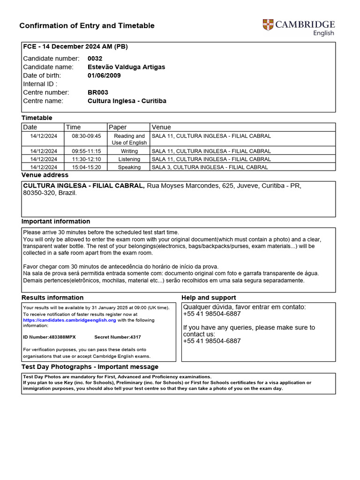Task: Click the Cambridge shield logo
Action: point(268,25)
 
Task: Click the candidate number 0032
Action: point(95,59)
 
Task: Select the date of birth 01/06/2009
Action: point(105,75)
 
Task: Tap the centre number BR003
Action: point(97,92)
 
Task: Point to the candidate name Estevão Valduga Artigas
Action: point(126,67)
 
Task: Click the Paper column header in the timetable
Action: point(118,127)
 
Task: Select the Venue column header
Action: point(161,127)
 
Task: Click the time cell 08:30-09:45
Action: point(86,136)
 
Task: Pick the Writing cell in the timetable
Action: point(129,151)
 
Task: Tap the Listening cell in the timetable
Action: point(129,159)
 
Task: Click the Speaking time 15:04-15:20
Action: point(86,167)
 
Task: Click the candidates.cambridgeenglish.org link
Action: point(69,320)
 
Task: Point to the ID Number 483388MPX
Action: point(49,337)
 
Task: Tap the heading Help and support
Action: point(209,298)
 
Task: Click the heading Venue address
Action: point(45,175)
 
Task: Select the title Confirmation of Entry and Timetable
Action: point(87,26)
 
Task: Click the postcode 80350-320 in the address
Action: point(39,193)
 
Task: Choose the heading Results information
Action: point(52,298)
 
